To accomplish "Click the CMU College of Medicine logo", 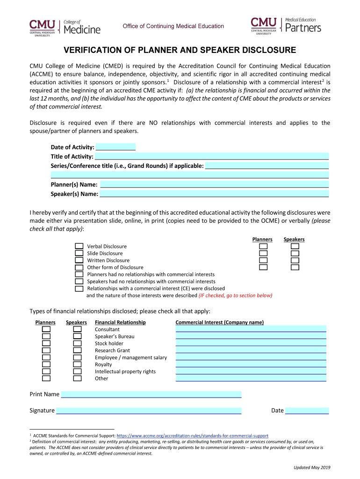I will click(x=65, y=26).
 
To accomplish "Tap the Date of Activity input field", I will click(x=115, y=147).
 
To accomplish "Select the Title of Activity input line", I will click(x=212, y=157).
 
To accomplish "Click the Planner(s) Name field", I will click(x=214, y=185).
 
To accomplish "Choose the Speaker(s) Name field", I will click(x=214, y=194).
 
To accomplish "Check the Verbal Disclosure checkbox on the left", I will click(x=79, y=246).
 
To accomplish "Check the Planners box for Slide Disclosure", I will click(x=264, y=253).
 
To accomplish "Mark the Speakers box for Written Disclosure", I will click(x=295, y=260).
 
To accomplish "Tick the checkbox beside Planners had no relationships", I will click(x=79, y=274).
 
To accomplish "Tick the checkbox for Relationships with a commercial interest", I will click(x=79, y=289).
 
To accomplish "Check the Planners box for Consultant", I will click(x=46, y=329).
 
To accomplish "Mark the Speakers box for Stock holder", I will click(x=78, y=343).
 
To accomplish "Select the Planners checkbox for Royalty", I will click(x=46, y=364).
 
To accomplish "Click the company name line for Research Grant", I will click(x=251, y=350).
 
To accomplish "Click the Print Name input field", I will click(x=151, y=394).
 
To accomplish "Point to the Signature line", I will click(x=149, y=411).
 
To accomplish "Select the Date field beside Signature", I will click(x=307, y=411).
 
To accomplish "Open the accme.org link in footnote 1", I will click(x=192, y=435).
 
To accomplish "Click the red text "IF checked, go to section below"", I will click(x=235, y=296).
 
